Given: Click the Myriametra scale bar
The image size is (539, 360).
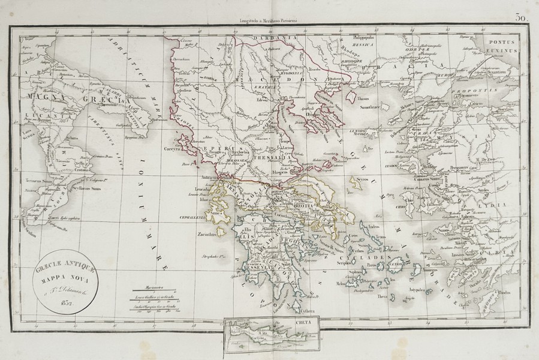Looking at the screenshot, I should (x=158, y=289).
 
